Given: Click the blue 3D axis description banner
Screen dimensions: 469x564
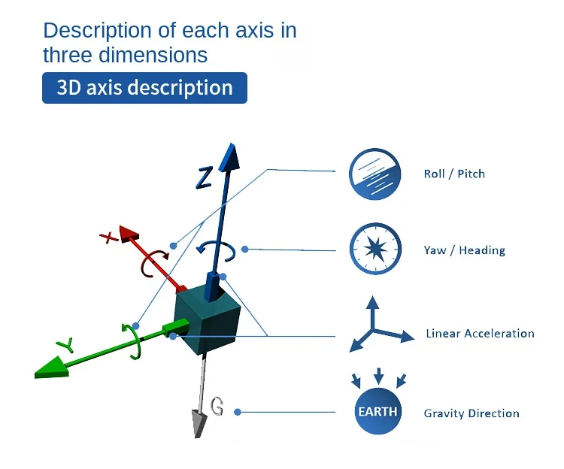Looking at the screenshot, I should click(144, 88).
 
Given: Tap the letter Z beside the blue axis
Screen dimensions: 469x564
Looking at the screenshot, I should click(205, 177).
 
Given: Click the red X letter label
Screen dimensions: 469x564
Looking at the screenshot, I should click(110, 238).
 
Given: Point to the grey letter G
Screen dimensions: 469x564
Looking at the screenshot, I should click(217, 407).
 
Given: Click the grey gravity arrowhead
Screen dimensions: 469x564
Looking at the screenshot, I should click(200, 424).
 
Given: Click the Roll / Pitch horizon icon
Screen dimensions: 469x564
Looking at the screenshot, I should click(374, 174).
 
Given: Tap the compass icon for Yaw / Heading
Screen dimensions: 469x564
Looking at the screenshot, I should click(374, 250).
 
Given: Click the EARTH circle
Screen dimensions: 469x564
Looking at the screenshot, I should click(378, 412).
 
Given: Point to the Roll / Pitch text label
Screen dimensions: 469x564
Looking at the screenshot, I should click(454, 174).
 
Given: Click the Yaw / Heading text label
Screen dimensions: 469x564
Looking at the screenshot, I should click(464, 250).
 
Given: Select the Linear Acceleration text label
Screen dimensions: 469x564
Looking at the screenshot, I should click(480, 333).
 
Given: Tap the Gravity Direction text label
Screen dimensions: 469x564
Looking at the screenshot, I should click(472, 413).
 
